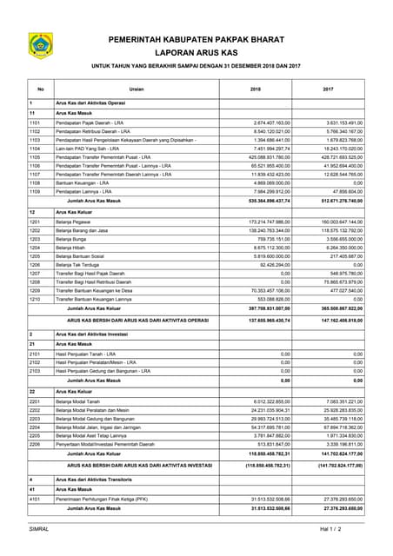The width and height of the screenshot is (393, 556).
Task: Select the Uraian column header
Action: coord(137,89)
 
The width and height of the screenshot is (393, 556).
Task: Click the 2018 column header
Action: coord(256,89)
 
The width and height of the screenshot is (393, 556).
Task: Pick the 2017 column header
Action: coord(328,89)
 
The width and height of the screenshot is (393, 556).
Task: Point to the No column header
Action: coord(40,89)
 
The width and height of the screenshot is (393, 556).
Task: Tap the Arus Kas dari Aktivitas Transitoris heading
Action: coord(97,480)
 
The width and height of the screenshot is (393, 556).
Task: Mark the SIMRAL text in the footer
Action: coord(39,528)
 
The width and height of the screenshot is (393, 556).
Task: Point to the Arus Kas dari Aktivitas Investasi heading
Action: coord(95,334)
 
